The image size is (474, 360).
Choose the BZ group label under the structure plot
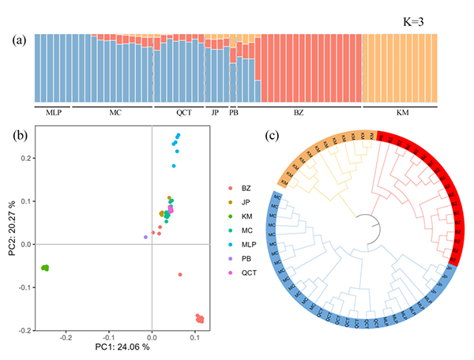coord(298,113)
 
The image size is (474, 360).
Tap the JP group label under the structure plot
coord(215,113)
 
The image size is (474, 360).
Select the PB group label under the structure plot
coord(233,113)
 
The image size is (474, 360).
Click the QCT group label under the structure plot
coord(183,113)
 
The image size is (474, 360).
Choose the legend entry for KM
coord(246,214)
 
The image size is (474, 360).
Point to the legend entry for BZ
coord(246,186)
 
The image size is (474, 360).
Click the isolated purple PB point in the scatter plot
coord(145,237)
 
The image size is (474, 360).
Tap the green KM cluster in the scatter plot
coord(45,268)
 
